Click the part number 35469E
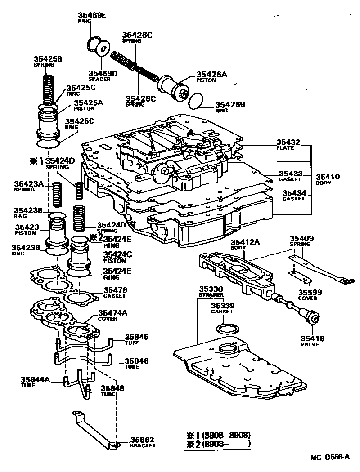click(92, 16)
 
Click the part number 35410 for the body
click(328, 177)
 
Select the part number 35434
click(294, 193)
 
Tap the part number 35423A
click(28, 184)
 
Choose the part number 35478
click(115, 290)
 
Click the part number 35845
click(136, 337)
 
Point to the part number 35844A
click(36, 380)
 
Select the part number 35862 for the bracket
click(142, 440)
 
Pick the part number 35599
click(310, 292)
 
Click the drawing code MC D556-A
click(329, 457)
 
